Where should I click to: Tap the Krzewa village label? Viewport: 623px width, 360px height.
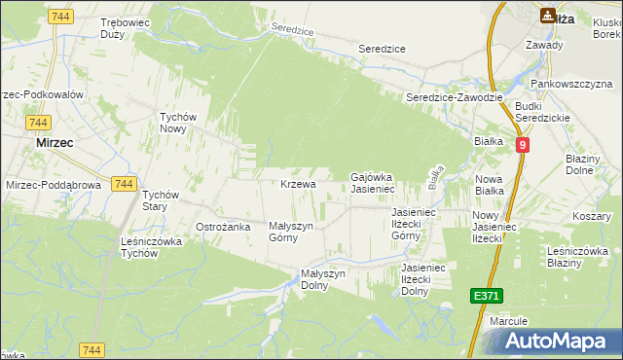tap(298, 184)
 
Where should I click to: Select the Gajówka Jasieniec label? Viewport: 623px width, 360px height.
tap(371, 183)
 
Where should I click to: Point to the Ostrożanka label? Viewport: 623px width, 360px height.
tap(224, 227)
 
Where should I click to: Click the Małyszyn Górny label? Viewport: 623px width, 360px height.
tap(290, 232)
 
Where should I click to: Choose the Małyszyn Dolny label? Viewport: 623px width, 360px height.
tap(323, 279)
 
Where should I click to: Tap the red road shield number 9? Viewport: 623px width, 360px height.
tap(524, 144)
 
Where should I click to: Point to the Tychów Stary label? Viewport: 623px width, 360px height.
tap(161, 200)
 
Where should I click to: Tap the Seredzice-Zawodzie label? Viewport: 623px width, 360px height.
tap(454, 97)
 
